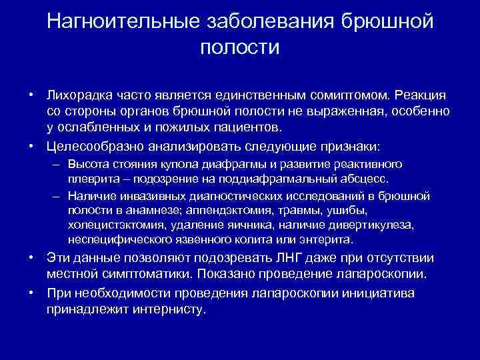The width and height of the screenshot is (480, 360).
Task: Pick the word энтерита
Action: (331, 240)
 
